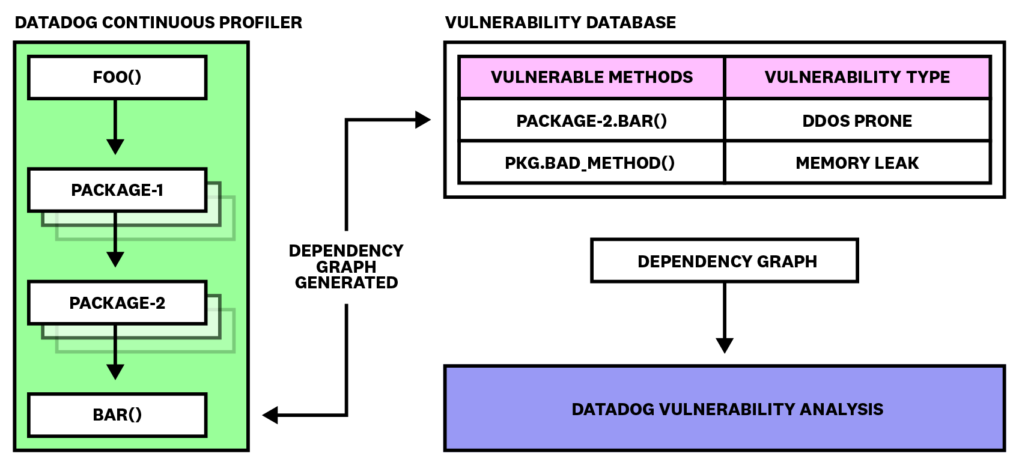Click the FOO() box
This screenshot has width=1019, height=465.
(x=117, y=77)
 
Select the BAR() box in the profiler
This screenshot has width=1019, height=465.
(x=117, y=415)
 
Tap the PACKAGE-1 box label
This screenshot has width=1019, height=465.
(x=117, y=190)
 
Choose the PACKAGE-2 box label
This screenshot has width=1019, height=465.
(x=117, y=303)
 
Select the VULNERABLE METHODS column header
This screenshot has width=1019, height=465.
(x=592, y=77)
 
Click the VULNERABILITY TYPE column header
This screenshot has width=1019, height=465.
(x=857, y=77)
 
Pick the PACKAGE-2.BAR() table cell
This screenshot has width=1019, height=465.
(x=592, y=121)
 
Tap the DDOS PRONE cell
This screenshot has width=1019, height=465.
(x=857, y=121)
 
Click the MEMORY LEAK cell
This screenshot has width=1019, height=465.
(x=857, y=163)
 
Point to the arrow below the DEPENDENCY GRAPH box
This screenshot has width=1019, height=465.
(x=725, y=318)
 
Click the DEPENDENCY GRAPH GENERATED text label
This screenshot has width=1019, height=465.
(x=347, y=267)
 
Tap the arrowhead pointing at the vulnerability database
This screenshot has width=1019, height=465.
(x=423, y=120)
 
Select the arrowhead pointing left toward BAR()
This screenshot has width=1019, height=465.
(x=270, y=415)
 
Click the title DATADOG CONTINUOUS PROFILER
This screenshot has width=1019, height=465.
(x=159, y=23)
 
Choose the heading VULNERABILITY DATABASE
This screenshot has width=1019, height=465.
(x=561, y=23)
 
